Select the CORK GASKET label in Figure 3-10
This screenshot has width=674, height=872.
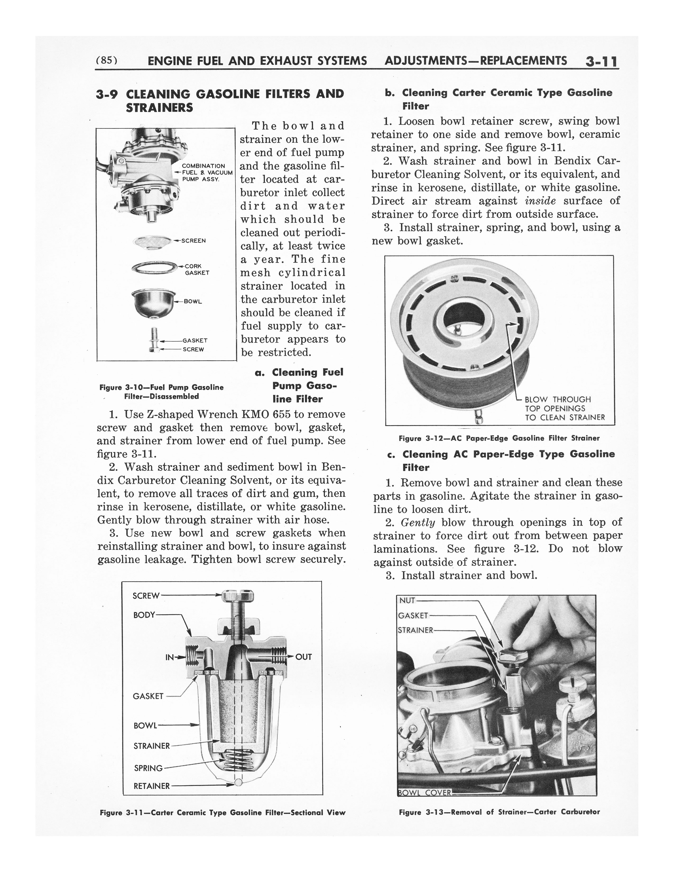click(196, 270)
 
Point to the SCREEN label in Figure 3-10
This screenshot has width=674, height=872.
click(193, 241)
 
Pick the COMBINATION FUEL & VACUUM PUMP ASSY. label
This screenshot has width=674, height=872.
click(206, 173)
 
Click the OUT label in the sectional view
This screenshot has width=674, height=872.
click(303, 657)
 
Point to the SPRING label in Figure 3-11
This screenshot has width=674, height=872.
click(148, 768)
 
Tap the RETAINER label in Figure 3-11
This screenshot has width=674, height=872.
click(151, 786)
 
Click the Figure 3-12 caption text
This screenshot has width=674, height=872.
click(499, 438)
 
